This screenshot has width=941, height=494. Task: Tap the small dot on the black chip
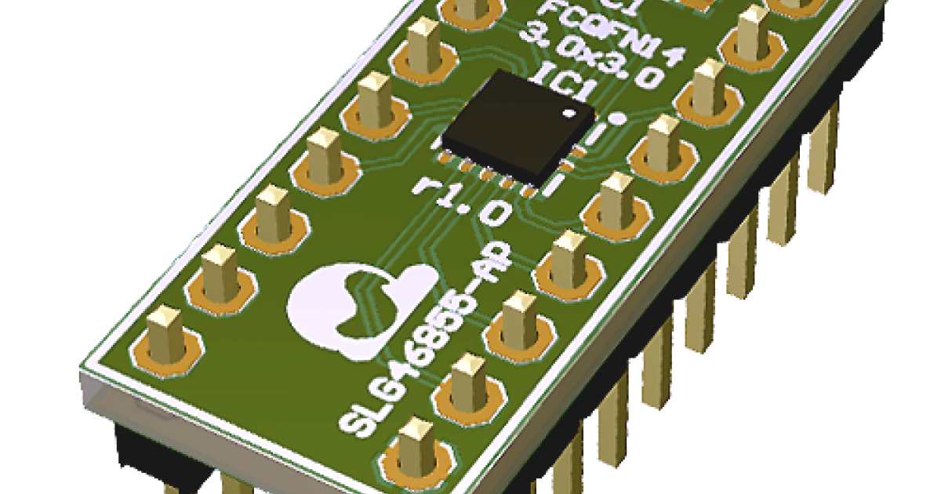pos(565,115)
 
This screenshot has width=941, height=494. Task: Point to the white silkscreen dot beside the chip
pos(617,119)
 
